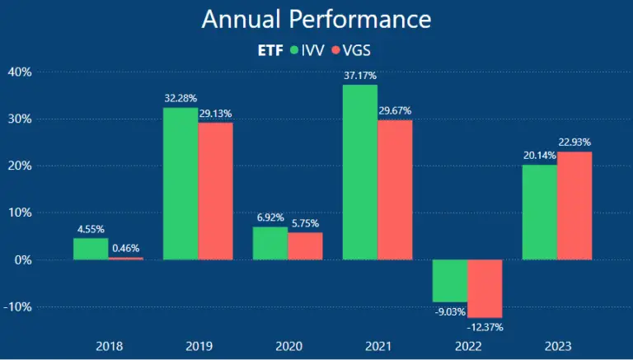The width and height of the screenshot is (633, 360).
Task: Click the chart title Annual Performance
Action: tap(316, 19)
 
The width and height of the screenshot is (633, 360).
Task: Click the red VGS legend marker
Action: tap(335, 51)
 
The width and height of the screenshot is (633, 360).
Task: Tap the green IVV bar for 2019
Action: tap(181, 184)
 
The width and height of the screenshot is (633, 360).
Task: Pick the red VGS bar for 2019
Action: tap(215, 191)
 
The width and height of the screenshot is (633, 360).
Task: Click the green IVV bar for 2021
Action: tap(360, 172)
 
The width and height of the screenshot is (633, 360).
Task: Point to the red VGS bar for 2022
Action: tap(485, 288)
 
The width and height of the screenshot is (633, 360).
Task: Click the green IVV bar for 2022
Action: tap(450, 281)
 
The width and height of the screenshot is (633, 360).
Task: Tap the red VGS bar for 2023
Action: tap(574, 205)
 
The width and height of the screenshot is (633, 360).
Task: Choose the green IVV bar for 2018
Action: tap(91, 249)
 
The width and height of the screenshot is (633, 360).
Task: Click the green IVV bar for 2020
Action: tap(270, 243)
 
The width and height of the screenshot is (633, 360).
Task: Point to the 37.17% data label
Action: tap(360, 76)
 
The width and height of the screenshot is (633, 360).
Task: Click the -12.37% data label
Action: tap(485, 327)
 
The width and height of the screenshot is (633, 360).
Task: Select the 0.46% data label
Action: tap(125, 248)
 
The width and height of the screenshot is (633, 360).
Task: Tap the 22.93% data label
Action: tap(574, 143)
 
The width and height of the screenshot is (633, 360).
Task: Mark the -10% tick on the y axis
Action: tap(16, 306)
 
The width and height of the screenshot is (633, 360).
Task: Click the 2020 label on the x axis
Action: tap(288, 347)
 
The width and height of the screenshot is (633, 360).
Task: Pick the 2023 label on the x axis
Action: tap(557, 347)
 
